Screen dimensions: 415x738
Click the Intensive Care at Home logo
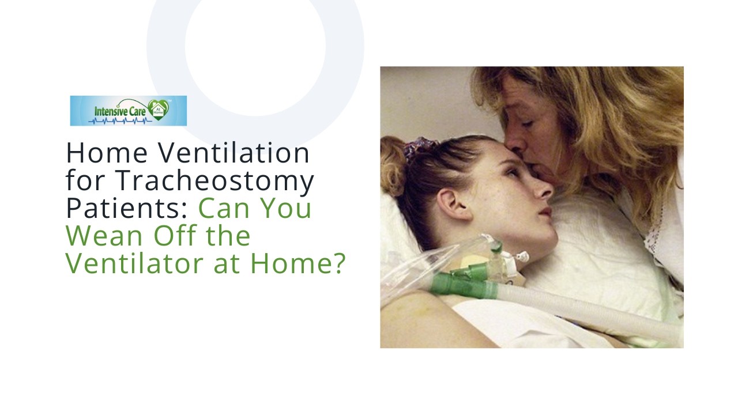coord(128,111)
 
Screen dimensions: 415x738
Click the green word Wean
coord(101,236)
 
